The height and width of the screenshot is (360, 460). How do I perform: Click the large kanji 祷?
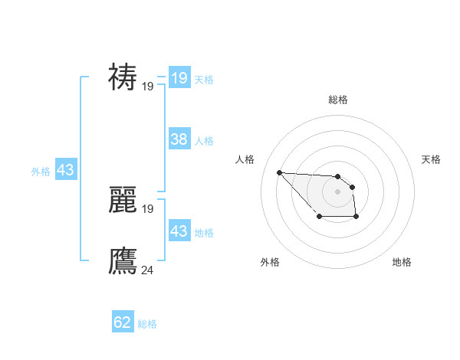coord(123,77)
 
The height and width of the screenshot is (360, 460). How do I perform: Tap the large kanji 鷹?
coord(123,260)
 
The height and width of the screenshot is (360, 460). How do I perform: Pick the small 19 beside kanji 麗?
coord(148,208)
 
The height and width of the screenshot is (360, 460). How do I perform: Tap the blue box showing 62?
coord(123,322)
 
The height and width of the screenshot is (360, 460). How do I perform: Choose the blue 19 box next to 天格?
coord(179,78)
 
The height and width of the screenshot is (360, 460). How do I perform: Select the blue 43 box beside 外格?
coord(65,170)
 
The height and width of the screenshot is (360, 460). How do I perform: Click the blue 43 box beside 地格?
coord(179,231)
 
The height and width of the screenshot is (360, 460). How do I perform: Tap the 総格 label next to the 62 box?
coord(147,324)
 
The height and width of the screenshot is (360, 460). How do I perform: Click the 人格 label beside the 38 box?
coord(204,141)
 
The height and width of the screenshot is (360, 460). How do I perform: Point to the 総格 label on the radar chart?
coord(337,100)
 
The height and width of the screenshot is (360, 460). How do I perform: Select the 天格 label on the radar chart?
coord(431,159)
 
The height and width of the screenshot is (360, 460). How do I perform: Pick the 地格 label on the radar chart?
coord(402,262)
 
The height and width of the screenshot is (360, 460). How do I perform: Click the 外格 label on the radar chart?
coord(270,262)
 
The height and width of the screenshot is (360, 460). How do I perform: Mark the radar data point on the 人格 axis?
coord(279,172)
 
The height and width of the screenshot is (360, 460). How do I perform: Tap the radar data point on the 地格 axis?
coord(356,218)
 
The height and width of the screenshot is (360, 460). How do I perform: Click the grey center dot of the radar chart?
coord(337,191)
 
